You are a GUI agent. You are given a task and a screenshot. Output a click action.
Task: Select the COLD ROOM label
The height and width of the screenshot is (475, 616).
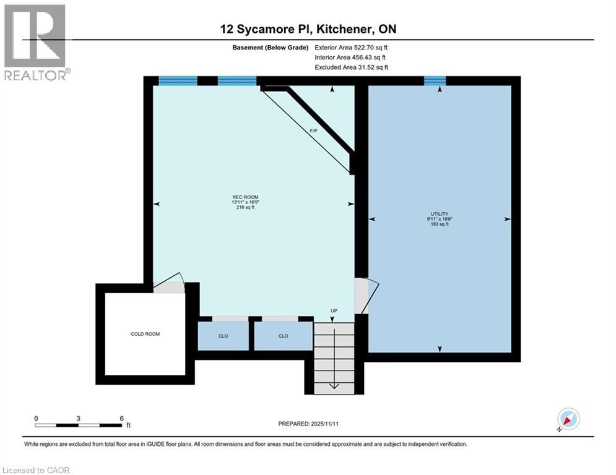(145, 334)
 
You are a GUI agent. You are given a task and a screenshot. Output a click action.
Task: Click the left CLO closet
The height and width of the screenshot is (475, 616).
(223, 336)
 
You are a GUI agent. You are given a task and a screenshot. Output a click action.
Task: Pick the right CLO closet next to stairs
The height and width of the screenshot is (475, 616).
(283, 336)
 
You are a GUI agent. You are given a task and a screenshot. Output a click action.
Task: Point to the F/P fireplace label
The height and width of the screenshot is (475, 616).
(315, 131)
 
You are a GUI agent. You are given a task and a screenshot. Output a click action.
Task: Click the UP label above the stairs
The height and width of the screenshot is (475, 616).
(334, 310)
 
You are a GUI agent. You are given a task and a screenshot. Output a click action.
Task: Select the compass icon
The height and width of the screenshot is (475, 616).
(568, 419)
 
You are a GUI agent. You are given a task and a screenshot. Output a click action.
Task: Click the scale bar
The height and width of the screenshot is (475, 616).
(79, 425)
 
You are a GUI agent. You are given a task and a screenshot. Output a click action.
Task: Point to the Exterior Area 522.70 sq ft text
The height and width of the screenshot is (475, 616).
(352, 47)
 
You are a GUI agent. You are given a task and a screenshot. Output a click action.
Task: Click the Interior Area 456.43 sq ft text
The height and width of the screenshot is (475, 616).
(351, 57)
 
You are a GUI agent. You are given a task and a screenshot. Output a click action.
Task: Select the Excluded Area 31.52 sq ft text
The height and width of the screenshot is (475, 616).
(351, 67)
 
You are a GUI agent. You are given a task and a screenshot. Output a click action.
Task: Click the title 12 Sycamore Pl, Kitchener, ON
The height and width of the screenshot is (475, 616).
(308, 29)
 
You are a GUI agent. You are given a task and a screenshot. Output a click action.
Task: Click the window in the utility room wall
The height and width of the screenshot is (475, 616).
(435, 80)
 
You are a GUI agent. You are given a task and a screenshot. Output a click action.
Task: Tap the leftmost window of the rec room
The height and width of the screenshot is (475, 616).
(178, 80)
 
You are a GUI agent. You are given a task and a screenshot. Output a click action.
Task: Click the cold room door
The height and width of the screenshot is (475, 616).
(168, 286)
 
